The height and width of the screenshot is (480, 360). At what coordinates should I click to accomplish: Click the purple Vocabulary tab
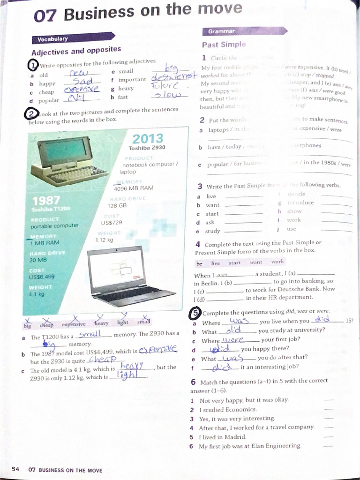(52, 39)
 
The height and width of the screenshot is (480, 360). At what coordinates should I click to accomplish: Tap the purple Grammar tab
(221, 31)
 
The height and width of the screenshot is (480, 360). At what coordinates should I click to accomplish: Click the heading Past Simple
(224, 45)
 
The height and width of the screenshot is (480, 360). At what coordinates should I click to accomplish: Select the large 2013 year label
(148, 139)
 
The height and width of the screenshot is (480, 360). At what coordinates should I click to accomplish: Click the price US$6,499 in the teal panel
(42, 277)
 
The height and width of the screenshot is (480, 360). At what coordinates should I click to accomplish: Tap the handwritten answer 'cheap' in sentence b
(102, 359)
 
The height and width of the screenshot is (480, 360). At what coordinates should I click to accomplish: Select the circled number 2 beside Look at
(31, 114)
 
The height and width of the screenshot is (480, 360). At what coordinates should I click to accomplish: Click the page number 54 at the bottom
(15, 470)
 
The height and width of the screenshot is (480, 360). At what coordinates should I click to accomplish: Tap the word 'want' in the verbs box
(256, 262)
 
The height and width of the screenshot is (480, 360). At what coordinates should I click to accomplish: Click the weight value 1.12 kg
(104, 240)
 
